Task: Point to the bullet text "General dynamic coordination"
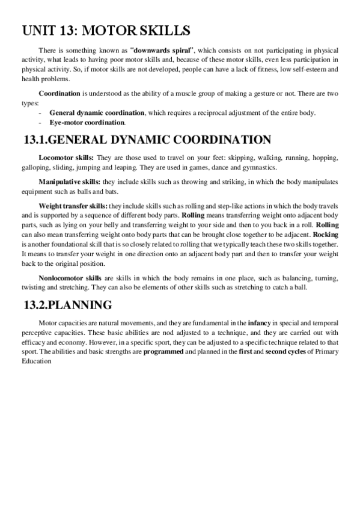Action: (97, 113)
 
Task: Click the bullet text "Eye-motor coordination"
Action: (87, 122)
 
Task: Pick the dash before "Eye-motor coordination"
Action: (40, 122)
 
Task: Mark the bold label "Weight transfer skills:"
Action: (73, 206)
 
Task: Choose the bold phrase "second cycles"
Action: (285, 351)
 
